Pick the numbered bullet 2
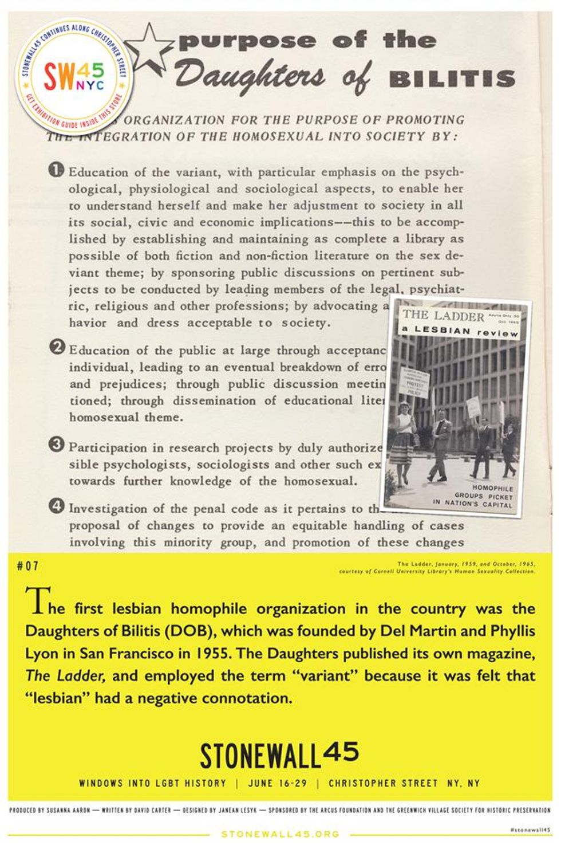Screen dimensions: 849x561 tap(57, 348)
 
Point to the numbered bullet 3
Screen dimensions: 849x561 tap(57, 445)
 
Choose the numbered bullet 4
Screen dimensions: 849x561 tap(57, 506)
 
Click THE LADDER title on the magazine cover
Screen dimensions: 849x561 tap(443, 316)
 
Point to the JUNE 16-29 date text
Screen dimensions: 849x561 tap(278, 783)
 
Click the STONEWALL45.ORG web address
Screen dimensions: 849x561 tap(280, 834)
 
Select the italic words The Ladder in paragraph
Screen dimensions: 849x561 tap(65, 675)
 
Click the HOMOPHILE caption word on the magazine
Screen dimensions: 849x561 tap(492, 488)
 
